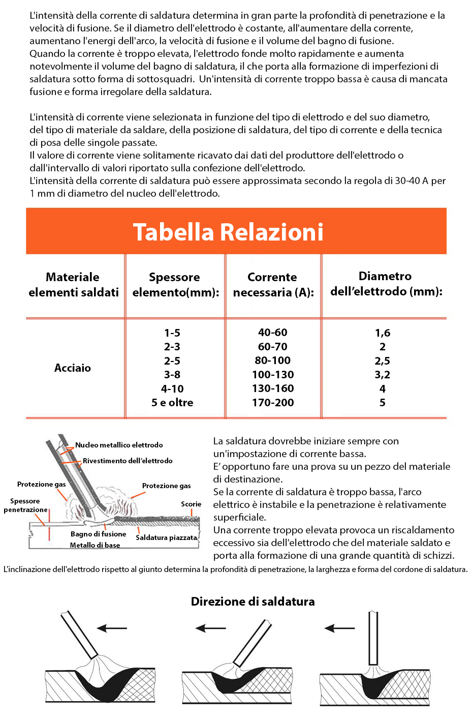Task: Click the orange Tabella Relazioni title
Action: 228,232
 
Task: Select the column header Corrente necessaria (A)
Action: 273,285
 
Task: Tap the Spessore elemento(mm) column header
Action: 175,285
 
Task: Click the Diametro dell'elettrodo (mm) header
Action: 386,284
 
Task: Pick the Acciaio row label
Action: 73,368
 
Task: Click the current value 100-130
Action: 273,375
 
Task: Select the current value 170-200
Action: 273,403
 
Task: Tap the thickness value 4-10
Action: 172,389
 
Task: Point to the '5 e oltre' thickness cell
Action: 172,403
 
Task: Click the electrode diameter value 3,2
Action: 383,375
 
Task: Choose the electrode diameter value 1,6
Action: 383,333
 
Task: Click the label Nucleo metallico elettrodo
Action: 119,445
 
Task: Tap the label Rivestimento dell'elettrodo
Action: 128,461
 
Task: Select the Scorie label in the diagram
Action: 191,504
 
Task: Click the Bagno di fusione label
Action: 98,534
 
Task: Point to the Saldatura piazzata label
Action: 166,537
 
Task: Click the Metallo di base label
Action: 95,545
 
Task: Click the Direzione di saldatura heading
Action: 253,602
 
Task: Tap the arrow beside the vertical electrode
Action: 339,629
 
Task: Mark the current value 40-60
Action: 273,333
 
